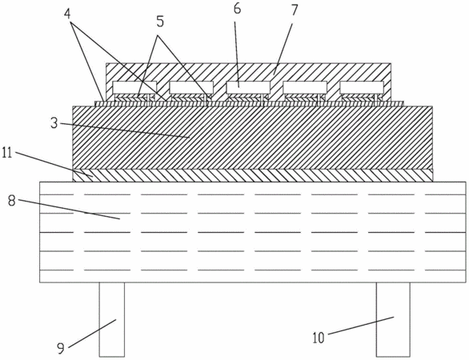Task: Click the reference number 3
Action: [54, 123]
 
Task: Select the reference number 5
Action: [160, 22]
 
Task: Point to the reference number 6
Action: [237, 9]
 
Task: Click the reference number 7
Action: [295, 10]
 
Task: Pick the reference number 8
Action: [12, 201]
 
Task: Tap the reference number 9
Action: [61, 348]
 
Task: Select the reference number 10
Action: [319, 338]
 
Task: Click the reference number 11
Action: [7, 153]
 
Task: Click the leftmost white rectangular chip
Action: [134, 88]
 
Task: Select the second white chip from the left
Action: [191, 88]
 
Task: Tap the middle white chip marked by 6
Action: [248, 88]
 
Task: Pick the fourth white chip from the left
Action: [305, 88]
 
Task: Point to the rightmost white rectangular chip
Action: [362, 88]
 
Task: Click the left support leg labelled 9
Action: [112, 320]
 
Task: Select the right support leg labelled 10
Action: [393, 320]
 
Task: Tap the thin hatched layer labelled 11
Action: [253, 175]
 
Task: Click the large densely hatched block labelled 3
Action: [253, 138]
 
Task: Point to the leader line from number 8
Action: [68, 210]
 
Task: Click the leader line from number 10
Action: [361, 326]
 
